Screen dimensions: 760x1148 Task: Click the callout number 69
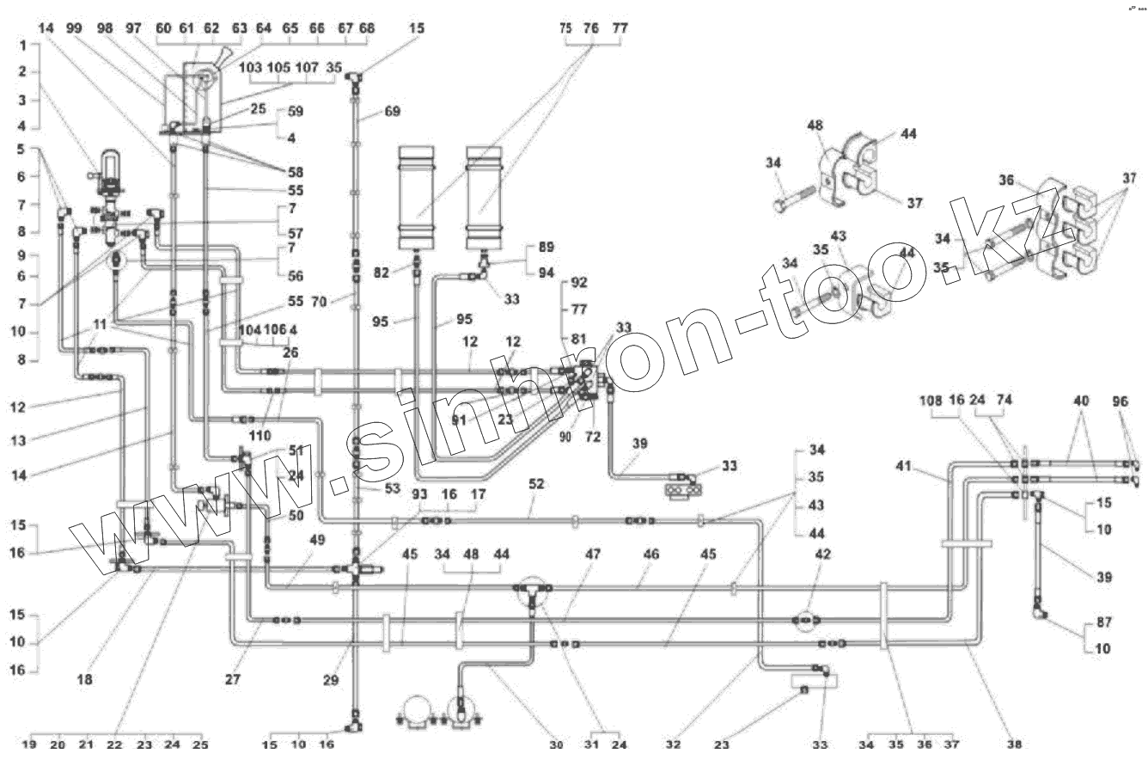(x=392, y=112)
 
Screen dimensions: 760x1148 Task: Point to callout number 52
(x=536, y=485)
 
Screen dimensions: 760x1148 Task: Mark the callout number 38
(x=1016, y=744)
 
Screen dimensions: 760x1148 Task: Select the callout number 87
(x=1103, y=622)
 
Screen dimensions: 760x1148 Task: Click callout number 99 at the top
(x=74, y=28)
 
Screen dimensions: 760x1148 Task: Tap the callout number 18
(x=84, y=679)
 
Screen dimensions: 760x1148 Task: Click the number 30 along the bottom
(x=557, y=745)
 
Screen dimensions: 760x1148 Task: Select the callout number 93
(x=418, y=494)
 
